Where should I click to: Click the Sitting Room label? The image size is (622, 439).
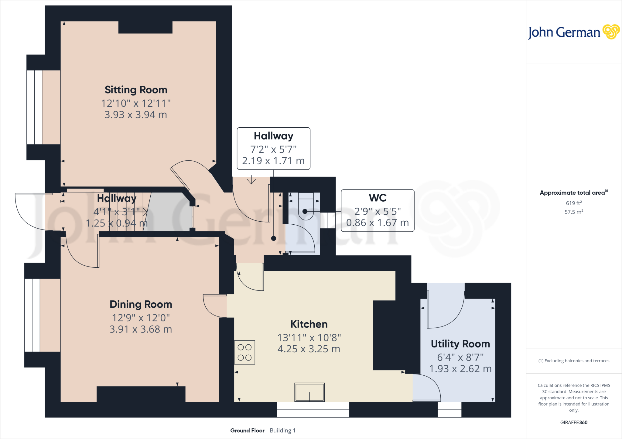[136, 90]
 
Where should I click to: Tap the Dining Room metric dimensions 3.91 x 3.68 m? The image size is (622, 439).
[141, 329]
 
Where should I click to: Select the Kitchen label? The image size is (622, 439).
[309, 324]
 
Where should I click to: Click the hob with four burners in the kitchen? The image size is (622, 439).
[244, 352]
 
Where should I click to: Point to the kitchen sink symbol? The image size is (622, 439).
[309, 392]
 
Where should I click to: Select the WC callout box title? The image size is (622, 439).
[378, 198]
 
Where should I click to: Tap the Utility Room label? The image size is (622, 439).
[460, 344]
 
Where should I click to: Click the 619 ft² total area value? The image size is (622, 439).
[574, 203]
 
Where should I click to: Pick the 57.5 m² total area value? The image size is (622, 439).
[574, 212]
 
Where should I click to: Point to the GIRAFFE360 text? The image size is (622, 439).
[574, 422]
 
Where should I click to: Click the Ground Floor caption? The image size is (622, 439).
[247, 431]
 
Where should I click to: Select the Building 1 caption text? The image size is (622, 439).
[282, 431]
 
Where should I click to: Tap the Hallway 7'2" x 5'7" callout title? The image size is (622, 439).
[273, 136]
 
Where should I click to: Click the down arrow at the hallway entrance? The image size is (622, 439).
[251, 180]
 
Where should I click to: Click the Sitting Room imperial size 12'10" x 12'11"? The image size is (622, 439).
[136, 103]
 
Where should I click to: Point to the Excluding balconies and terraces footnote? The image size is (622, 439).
[574, 361]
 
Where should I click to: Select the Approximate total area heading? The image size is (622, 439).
[572, 193]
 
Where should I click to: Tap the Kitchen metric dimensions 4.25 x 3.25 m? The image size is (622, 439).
[309, 349]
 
